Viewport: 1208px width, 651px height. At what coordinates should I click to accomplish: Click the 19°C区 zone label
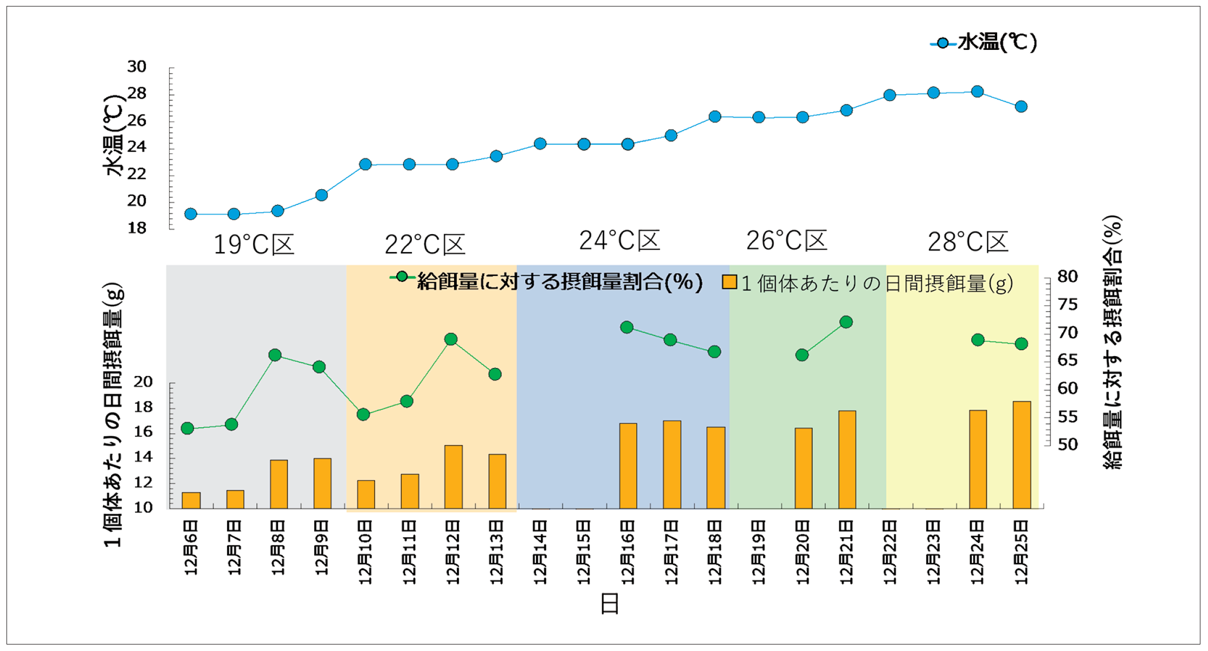(254, 244)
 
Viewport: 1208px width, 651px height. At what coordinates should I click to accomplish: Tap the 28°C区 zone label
(968, 242)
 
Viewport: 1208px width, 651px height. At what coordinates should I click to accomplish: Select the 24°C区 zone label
(619, 241)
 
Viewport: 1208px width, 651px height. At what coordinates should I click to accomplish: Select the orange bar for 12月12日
(453, 476)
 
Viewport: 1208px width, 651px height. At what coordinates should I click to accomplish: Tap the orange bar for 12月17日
(671, 464)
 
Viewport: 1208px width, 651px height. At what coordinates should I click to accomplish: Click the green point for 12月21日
(846, 322)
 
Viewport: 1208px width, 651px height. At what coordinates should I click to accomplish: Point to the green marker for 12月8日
(275, 355)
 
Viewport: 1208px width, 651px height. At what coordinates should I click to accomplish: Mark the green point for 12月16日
(626, 327)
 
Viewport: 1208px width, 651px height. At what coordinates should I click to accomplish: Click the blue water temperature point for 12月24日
(977, 92)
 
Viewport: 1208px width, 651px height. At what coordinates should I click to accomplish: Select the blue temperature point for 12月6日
(191, 214)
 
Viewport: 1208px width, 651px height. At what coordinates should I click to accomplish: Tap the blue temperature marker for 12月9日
(321, 195)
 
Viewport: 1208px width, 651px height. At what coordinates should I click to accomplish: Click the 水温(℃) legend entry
(984, 42)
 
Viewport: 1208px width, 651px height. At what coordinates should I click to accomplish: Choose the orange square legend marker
(729, 282)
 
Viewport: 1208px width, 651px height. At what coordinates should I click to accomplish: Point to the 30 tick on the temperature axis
(137, 67)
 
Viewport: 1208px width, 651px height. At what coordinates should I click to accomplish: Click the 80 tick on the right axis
(1067, 276)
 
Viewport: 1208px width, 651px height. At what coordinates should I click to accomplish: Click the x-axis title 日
(610, 603)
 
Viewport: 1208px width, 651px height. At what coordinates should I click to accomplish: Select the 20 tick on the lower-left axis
(143, 382)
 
